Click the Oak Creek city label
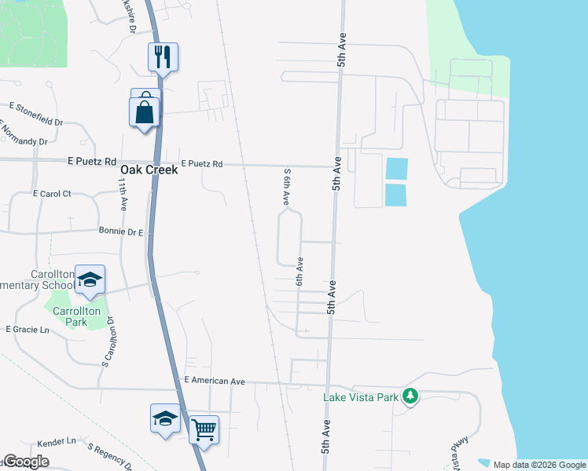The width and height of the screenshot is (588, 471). (x=149, y=170)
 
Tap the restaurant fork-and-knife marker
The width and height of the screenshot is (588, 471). (x=164, y=57)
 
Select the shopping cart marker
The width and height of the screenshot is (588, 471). (x=204, y=429)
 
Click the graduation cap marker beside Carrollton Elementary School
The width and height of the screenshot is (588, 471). (x=90, y=280)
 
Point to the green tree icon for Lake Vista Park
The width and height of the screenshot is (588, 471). (x=410, y=396)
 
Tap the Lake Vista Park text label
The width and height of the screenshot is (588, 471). (x=362, y=397)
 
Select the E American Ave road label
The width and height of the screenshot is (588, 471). (x=215, y=381)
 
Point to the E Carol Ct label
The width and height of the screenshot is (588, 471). (x=52, y=193)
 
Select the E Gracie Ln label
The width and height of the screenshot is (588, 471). (x=28, y=330)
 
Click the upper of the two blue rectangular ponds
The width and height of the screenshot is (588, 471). (x=397, y=168)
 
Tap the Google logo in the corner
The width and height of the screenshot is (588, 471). (x=25, y=462)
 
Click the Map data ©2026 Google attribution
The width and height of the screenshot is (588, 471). (x=539, y=465)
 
